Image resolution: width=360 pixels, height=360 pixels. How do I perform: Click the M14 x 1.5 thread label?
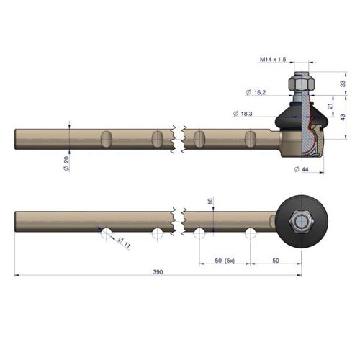pos(273,59)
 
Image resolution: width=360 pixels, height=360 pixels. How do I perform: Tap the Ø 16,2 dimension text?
pos(256,92)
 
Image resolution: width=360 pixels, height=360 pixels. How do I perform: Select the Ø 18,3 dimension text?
pos(243,114)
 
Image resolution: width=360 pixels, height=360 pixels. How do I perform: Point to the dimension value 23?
pos(343,84)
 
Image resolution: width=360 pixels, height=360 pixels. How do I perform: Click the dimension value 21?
pos(330,106)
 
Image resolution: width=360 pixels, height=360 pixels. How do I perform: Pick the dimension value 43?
pos(343,117)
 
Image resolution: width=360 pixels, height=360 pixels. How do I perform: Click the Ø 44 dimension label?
pos(302,169)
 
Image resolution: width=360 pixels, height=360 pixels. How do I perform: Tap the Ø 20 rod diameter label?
pos(66,163)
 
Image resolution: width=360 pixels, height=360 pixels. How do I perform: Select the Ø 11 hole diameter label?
pos(125,243)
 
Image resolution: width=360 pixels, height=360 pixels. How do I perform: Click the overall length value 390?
pos(158,272)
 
